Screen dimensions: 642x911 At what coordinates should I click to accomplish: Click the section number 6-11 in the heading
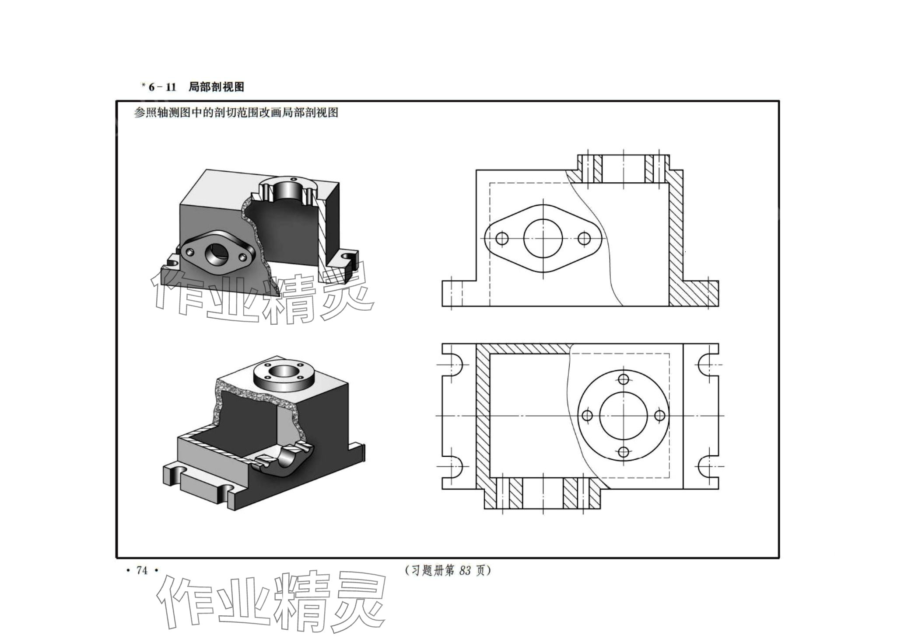click(162, 87)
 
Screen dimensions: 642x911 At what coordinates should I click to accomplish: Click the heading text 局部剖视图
click(216, 87)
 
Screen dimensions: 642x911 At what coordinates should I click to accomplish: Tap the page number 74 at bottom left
click(142, 570)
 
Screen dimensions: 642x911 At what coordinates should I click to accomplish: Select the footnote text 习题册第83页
click(448, 570)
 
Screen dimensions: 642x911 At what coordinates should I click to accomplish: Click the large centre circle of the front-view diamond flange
click(543, 239)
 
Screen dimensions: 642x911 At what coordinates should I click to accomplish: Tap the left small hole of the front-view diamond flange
click(502, 239)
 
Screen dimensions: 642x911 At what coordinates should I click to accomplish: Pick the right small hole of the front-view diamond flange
click(584, 239)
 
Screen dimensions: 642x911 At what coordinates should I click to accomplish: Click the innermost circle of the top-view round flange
click(623, 415)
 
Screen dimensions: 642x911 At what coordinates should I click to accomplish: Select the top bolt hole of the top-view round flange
click(624, 379)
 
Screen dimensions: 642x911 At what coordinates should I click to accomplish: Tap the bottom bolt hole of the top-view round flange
click(624, 452)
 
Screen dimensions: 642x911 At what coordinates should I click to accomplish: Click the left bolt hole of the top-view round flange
click(587, 415)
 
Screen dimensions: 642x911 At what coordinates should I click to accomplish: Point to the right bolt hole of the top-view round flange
click(660, 415)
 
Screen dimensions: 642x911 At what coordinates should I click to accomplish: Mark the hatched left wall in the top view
click(483, 415)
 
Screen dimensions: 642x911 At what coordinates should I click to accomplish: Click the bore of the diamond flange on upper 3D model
click(215, 253)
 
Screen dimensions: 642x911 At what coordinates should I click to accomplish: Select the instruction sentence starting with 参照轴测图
click(236, 113)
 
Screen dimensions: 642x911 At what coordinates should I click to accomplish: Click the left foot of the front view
click(459, 293)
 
